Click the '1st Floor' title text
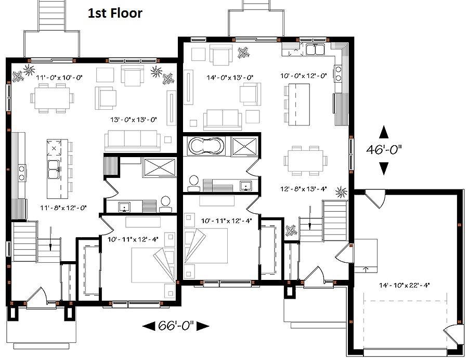tap(115, 14)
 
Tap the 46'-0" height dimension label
tap(384, 149)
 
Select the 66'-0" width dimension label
tap(176, 325)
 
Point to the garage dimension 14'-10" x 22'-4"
tap(404, 285)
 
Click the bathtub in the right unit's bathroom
tap(206, 147)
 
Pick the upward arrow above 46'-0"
tap(384, 132)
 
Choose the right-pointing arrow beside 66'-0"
tap(202, 326)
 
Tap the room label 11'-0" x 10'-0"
tap(59, 78)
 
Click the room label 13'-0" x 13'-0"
tap(134, 120)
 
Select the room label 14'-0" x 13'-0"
tap(230, 78)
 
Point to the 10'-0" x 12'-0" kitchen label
tap(304, 76)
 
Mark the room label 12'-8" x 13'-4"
tap(304, 189)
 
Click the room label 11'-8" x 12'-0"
tap(63, 208)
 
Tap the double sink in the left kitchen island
tap(54, 170)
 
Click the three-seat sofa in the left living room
tap(132, 140)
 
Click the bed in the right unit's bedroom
tap(206, 246)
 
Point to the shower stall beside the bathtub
tap(244, 146)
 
